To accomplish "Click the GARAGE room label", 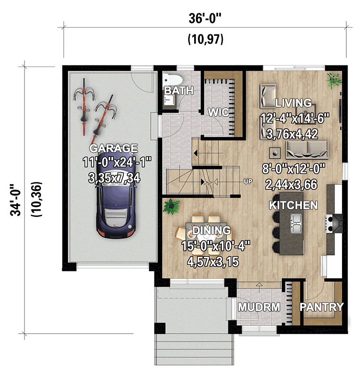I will pyautogui.click(x=115, y=148).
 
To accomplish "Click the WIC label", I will pyautogui.click(x=219, y=112).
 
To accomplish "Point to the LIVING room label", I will pyautogui.click(x=293, y=103).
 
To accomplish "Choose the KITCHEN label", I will pyautogui.click(x=293, y=205).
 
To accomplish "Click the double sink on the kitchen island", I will pyautogui.click(x=297, y=223).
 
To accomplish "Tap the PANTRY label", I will pyautogui.click(x=322, y=307).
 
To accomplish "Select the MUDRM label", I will pyautogui.click(x=259, y=307).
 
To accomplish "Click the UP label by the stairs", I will pyautogui.click(x=248, y=181).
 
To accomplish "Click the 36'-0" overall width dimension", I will pyautogui.click(x=205, y=19).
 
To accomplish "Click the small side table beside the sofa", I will pyautogui.click(x=275, y=152).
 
